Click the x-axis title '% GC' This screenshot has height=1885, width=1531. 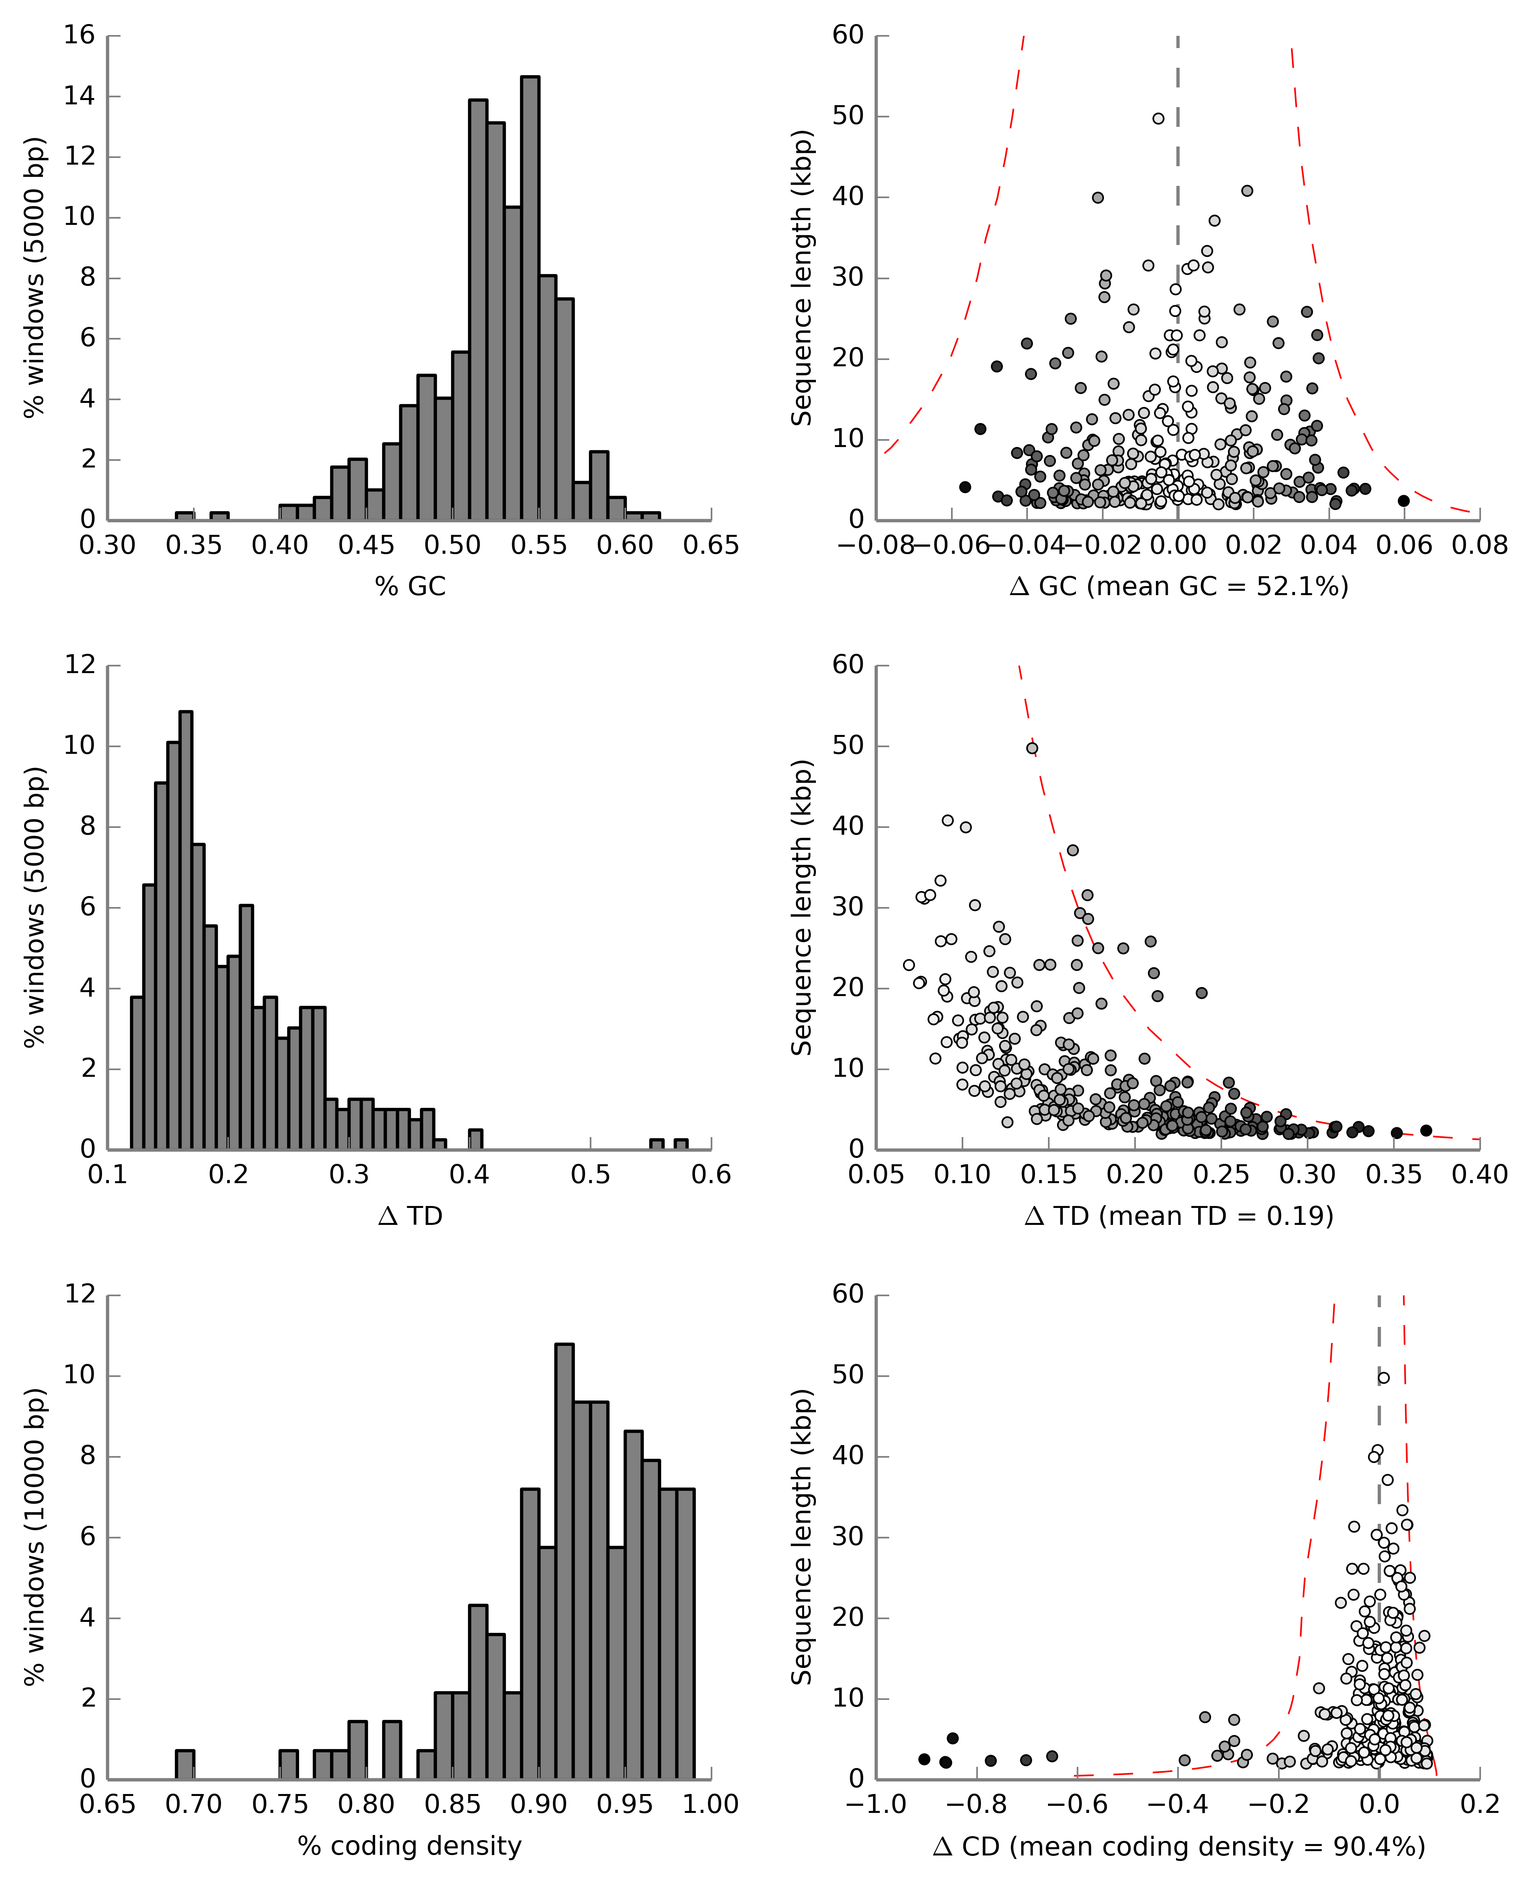[410, 586]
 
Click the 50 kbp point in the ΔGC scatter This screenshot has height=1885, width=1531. [1158, 118]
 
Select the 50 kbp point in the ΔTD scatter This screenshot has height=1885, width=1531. [1032, 749]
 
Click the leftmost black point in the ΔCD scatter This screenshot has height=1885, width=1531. [924, 1759]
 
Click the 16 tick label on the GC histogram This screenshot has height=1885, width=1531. [79, 35]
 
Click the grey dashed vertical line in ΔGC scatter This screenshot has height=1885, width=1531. [1177, 176]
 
